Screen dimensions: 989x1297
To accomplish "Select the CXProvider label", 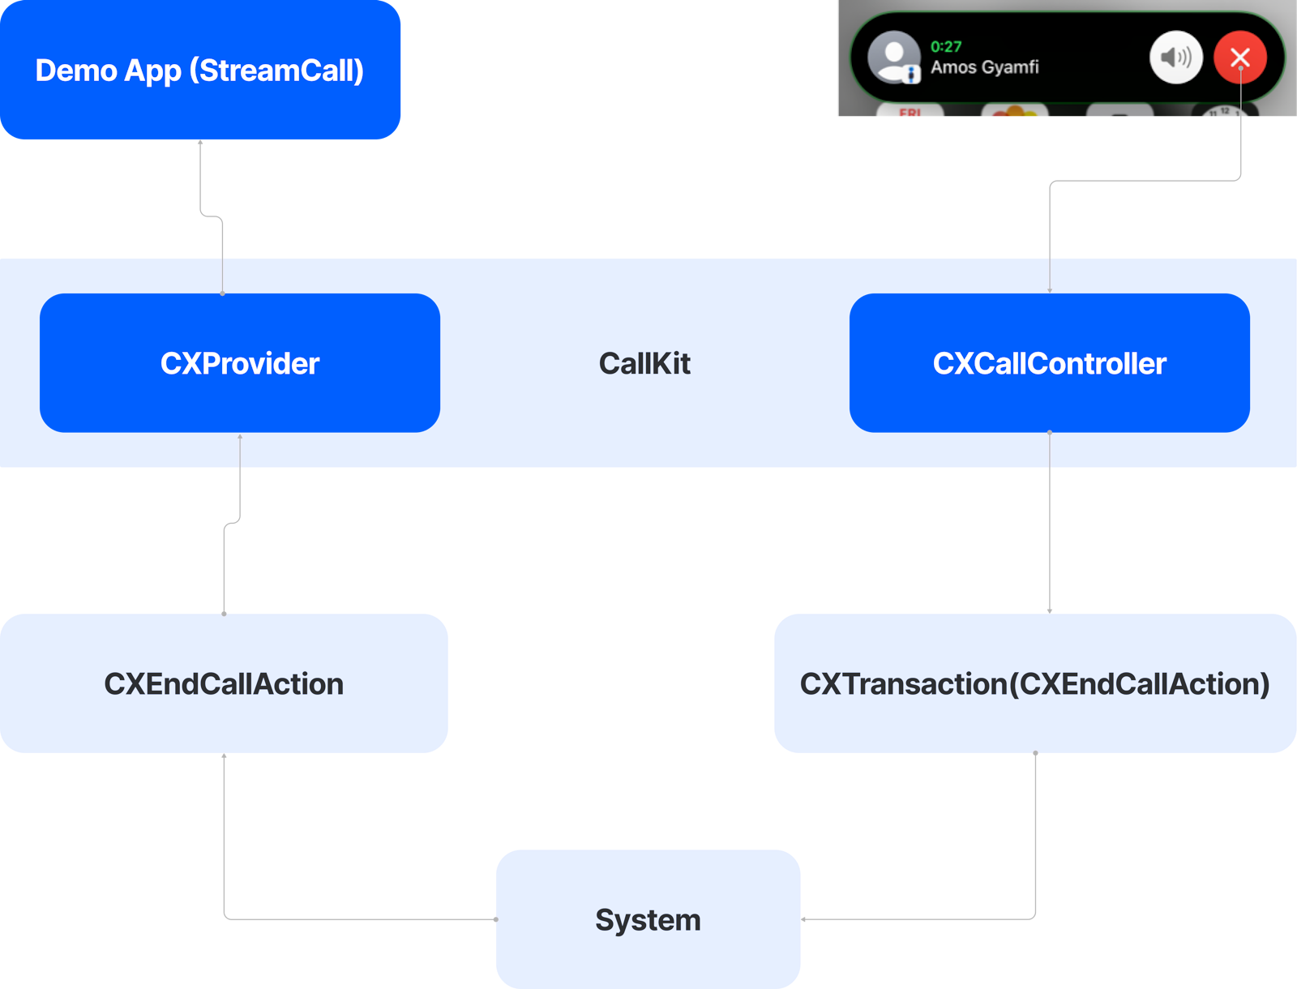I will [240, 364].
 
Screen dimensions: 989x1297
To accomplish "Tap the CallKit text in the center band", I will [644, 364].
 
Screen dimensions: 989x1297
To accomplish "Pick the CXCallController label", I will [1049, 364].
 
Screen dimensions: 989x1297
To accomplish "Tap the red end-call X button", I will [1239, 58].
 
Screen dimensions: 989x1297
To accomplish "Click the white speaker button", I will [1175, 58].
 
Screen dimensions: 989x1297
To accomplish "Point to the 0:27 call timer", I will [946, 47].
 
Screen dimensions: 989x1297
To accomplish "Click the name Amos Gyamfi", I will [984, 67].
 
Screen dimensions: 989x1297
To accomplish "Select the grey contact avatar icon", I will [893, 57].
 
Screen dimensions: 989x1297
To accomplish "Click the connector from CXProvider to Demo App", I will [222, 255].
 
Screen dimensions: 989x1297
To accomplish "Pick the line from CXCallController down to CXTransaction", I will [1050, 527].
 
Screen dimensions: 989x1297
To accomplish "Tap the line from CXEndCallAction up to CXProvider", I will [224, 567].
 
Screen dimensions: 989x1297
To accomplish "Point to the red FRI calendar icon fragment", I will [910, 112].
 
